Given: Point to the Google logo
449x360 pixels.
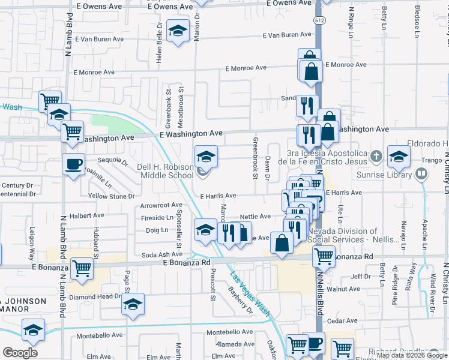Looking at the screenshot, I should click(20, 353).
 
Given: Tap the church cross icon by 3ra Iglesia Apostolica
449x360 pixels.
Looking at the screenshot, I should click(376, 157).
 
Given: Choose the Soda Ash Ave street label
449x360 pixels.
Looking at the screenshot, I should click(157, 255).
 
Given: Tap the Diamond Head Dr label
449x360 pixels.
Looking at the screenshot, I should click(96, 296).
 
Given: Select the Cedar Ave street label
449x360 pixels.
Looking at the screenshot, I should click(343, 321).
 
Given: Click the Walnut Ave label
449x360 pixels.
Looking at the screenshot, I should click(348, 289).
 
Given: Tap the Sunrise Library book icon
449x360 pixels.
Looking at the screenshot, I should click(421, 174).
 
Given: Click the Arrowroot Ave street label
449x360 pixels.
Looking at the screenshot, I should click(161, 205).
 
